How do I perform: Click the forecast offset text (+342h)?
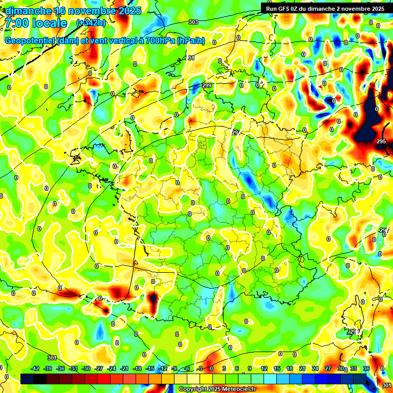[91, 23]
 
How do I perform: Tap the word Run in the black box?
[272, 9]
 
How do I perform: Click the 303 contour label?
[193, 22]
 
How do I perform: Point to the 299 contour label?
[207, 85]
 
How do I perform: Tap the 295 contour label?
[381, 141]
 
